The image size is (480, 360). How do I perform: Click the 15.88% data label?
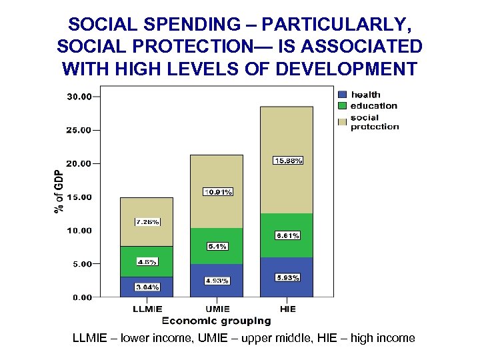pos(289,161)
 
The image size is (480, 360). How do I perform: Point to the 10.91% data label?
pos(218,192)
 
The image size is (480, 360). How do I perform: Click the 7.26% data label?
pos(147,222)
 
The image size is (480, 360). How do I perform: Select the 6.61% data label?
pos(287,235)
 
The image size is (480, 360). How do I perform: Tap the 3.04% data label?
pos(147,287)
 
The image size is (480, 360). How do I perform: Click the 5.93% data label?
pos(287,277)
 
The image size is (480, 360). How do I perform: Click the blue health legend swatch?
pos(343,95)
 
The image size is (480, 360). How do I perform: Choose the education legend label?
pos(373,105)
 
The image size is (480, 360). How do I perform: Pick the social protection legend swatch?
pos(343,121)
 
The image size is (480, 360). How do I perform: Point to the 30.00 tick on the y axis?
pos(80,97)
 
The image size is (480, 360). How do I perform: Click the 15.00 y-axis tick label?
pos(80,197)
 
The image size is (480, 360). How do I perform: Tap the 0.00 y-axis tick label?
pos(81,297)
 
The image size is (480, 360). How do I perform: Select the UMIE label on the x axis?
pos(217,309)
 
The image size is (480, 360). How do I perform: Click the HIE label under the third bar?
pos(287,309)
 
